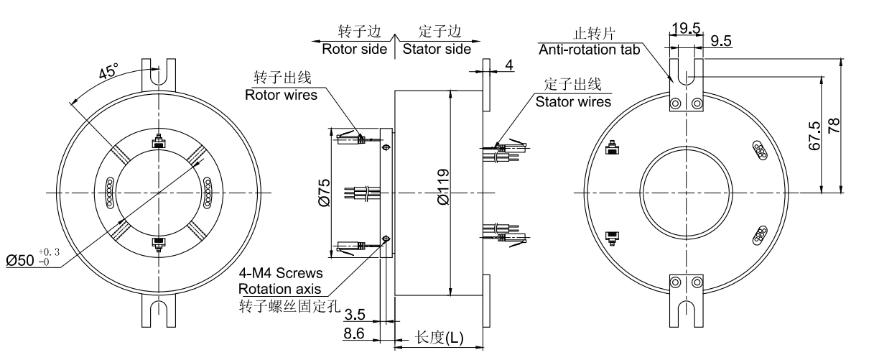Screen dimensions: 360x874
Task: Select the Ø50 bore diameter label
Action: [23, 259]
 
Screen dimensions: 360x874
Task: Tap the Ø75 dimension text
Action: [325, 192]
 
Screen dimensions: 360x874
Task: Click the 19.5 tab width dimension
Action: [686, 28]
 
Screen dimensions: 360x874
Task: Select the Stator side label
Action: [437, 50]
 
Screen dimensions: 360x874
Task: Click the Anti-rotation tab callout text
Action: [587, 49]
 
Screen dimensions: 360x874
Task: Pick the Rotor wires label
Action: [281, 94]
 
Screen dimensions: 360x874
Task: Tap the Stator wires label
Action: [573, 101]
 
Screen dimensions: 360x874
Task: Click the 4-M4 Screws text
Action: [281, 274]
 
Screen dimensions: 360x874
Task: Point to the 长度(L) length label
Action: [440, 337]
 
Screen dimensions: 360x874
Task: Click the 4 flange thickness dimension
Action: [508, 65]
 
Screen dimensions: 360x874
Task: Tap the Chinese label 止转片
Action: [589, 34]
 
